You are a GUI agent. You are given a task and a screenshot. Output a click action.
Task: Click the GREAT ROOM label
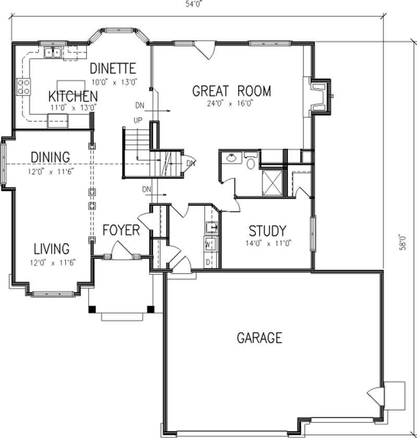point(231,91)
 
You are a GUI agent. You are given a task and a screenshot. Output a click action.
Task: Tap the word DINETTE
point(113,68)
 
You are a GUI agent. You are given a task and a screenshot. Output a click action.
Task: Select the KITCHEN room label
point(73,96)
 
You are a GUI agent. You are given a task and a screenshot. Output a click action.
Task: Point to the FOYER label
point(121,230)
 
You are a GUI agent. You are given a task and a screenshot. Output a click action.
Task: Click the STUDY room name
point(267,230)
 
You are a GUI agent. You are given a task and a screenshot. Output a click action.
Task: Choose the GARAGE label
point(260,338)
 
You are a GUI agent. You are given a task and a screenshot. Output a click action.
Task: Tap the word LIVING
point(52,248)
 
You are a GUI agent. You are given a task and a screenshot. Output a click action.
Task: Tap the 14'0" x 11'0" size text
point(267,243)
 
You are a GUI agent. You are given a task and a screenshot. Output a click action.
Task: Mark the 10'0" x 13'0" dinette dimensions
point(114,81)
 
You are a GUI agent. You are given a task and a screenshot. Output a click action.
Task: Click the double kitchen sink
point(53,52)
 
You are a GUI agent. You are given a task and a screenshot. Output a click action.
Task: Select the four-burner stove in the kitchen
point(23,86)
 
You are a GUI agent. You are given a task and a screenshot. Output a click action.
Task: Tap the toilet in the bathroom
point(250,162)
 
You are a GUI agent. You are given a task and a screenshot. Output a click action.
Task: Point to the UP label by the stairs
point(138,120)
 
